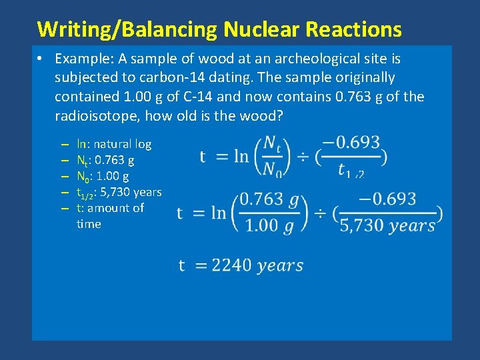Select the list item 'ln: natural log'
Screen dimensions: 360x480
[x=114, y=144]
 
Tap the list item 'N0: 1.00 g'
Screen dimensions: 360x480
[x=103, y=176]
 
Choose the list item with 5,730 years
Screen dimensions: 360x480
[x=119, y=193]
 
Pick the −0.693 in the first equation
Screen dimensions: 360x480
[x=351, y=143]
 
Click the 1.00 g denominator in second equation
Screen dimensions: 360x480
[x=269, y=225]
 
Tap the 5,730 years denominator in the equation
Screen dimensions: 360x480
[x=387, y=225]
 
